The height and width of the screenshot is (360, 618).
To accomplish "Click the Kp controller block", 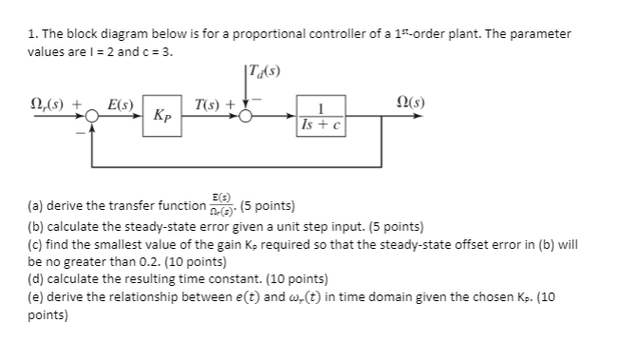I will point(163,115).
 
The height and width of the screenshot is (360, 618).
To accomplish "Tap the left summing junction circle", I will point(92,115).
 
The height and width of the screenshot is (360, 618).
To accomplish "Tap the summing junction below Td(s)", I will point(246,115).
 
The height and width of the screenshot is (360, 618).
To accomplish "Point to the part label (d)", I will point(36,279).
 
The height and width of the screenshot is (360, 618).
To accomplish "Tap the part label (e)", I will point(36,296).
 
